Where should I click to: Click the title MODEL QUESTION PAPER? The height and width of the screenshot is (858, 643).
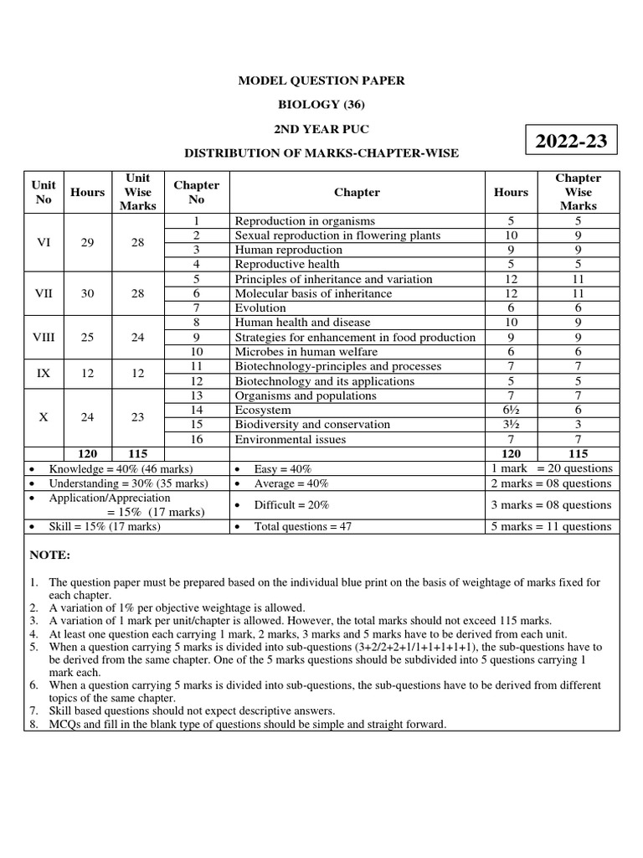[x=321, y=80]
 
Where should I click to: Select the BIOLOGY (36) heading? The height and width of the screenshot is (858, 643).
[x=321, y=105]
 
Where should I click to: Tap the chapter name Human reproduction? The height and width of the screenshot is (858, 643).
[x=288, y=250]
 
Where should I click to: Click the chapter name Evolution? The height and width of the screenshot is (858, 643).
[x=260, y=308]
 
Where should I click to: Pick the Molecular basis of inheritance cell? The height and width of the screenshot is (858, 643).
[x=302, y=293]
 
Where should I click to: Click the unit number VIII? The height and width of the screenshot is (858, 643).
[x=44, y=337]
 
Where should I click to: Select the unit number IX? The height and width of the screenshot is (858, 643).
[x=44, y=374]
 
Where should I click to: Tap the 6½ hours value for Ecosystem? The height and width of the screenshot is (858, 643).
[x=511, y=410]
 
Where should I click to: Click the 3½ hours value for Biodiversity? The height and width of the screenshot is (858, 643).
[x=511, y=425]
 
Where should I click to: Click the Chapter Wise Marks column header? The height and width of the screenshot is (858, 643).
[x=579, y=192]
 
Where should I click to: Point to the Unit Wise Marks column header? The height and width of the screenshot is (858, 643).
[x=137, y=192]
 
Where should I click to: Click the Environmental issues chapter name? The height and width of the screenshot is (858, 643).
[x=290, y=439]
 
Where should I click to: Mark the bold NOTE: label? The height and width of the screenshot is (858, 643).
[x=50, y=556]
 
